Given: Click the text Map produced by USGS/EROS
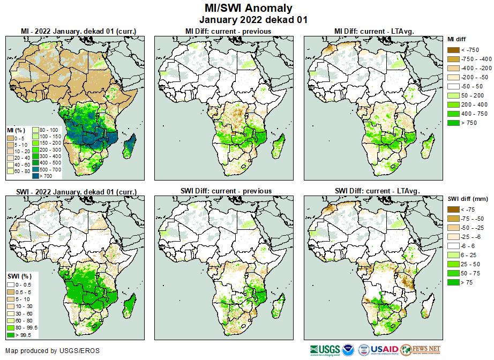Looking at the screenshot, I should coord(53,351).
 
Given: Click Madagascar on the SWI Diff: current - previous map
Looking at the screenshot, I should coord(278,311).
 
